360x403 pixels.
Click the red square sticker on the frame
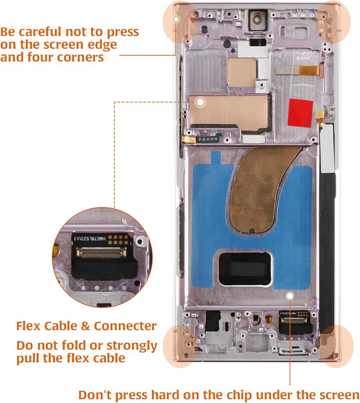tap(301, 113)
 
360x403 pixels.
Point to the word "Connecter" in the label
tap(125, 326)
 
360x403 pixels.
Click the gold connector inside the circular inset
tap(101, 253)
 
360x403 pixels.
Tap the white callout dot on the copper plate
tap(200, 102)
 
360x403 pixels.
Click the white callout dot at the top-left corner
tap(176, 19)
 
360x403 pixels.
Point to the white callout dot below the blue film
tap(290, 296)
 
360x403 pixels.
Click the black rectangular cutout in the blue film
tap(245, 268)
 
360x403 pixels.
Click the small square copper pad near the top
tap(241, 72)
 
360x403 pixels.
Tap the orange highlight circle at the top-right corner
tap(333, 22)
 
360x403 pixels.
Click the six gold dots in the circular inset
tap(118, 239)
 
